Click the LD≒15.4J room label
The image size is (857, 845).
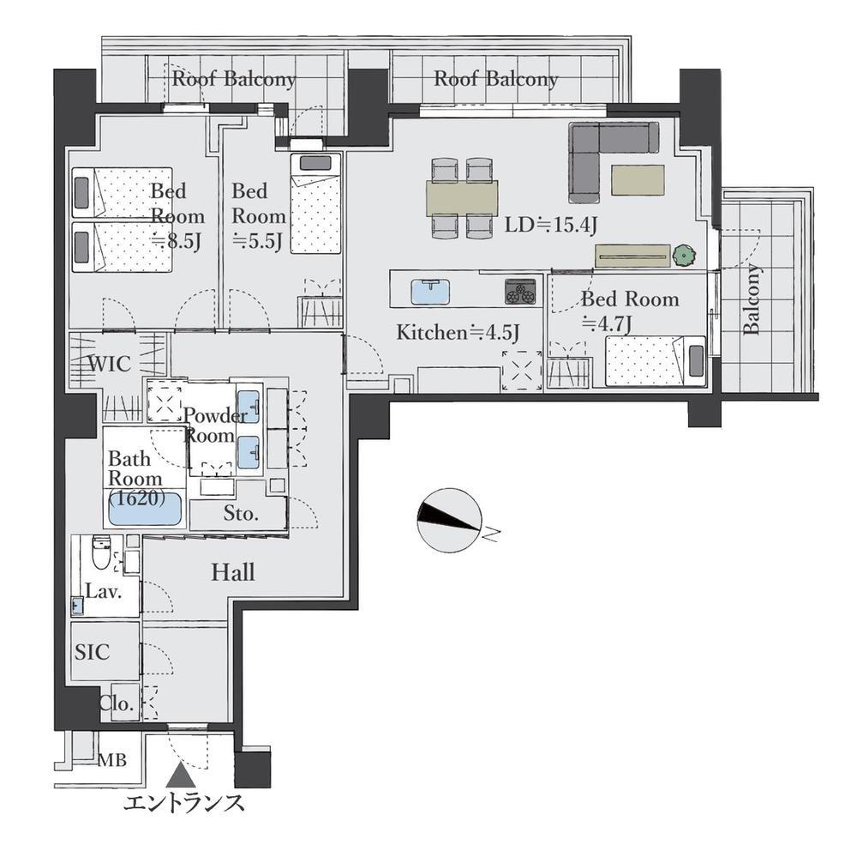[x=550, y=225]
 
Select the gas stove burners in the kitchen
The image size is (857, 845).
[x=520, y=291]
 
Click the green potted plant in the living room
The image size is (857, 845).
[x=684, y=255]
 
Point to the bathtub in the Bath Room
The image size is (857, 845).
[x=145, y=509]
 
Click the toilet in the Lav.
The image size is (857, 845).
[x=101, y=552]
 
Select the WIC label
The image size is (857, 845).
[x=110, y=364]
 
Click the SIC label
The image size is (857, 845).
[x=92, y=652]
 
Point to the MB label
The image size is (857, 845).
[x=112, y=759]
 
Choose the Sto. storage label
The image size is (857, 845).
[x=241, y=513]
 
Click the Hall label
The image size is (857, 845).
[x=233, y=572]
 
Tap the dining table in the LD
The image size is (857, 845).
[x=462, y=198]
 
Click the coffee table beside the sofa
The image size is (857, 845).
[x=638, y=180]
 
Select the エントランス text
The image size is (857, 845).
[x=183, y=804]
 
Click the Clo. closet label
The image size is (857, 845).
[x=117, y=703]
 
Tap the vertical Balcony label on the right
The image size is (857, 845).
[x=752, y=299]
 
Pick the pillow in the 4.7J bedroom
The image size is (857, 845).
[x=696, y=361]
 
